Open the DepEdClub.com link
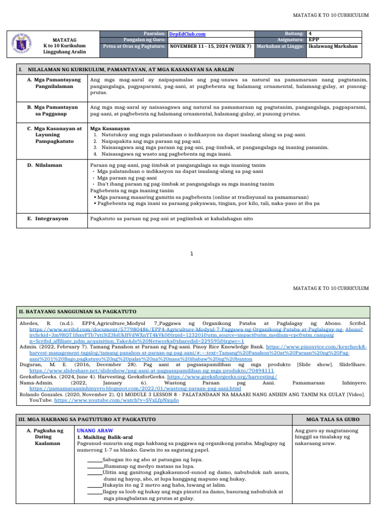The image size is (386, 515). click(x=187, y=34)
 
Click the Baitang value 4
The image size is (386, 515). click(x=310, y=33)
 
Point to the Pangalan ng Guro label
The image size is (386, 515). click(x=145, y=39)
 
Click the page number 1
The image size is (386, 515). click(x=191, y=253)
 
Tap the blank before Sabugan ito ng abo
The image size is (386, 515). click(x=94, y=460)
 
